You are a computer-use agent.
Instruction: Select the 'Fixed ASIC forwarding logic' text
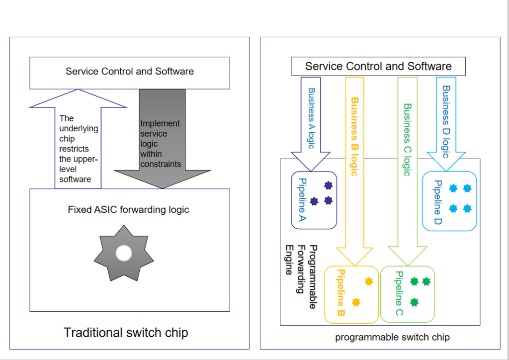[128, 210]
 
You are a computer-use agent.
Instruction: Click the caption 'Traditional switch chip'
[126, 332]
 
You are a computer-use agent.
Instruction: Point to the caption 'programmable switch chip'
[392, 337]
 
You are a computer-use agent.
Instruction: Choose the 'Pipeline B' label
[340, 293]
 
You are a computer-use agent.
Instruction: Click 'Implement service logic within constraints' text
[160, 143]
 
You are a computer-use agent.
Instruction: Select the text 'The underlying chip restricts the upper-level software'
[78, 148]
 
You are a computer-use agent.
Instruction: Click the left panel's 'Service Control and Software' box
[129, 72]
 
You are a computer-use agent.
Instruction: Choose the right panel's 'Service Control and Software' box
[378, 66]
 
